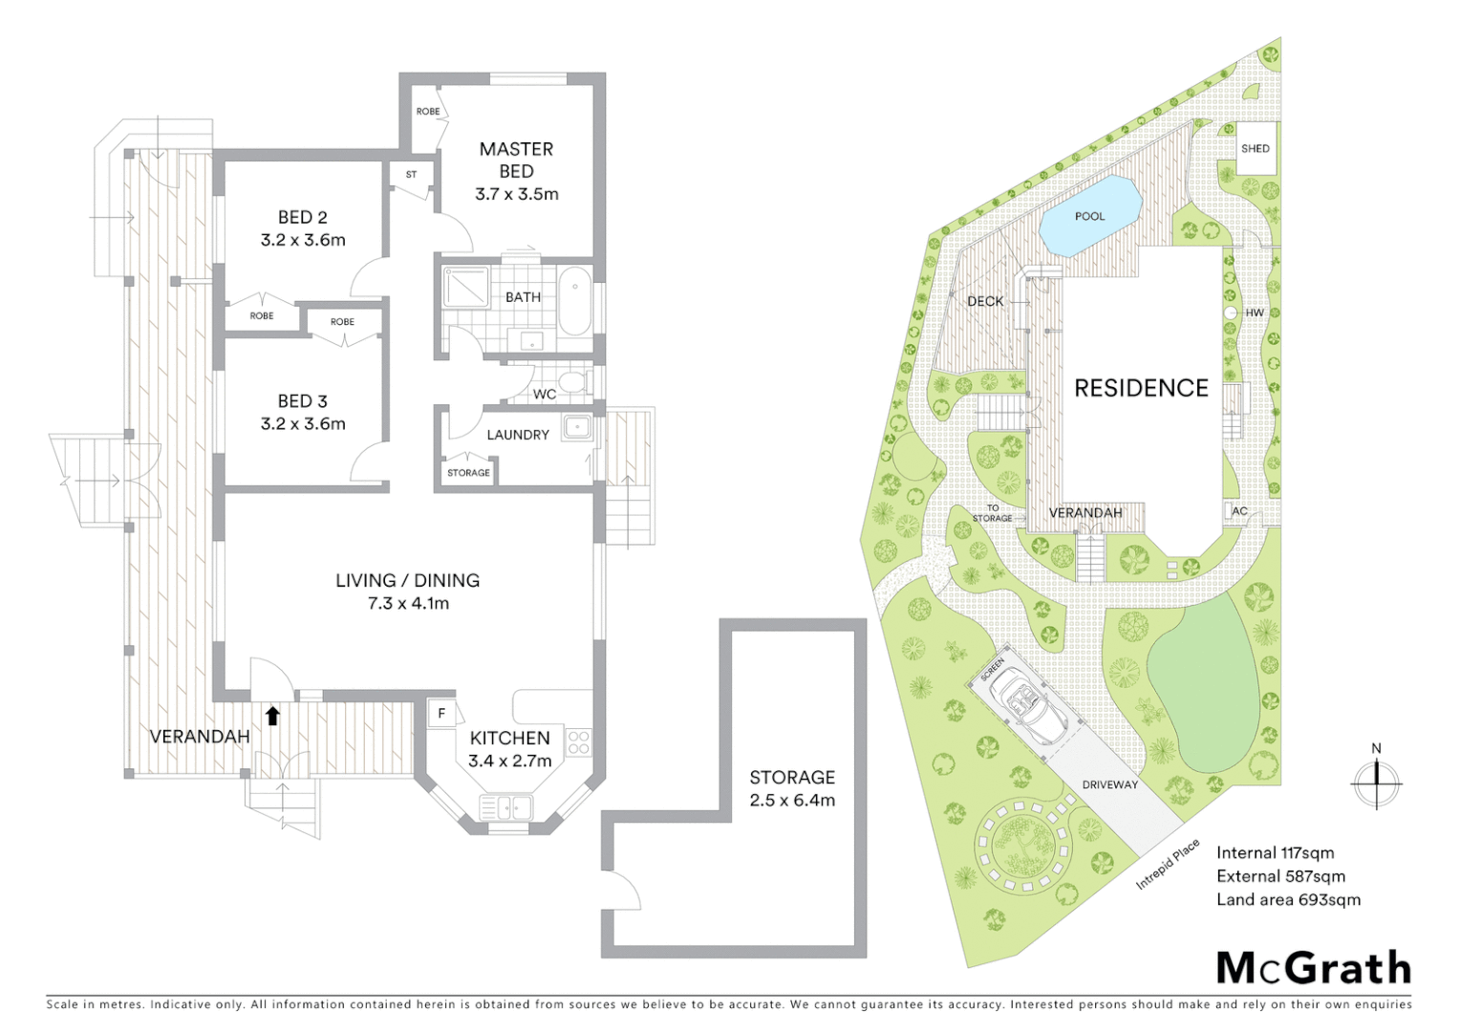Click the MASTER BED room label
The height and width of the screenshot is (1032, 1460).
click(516, 160)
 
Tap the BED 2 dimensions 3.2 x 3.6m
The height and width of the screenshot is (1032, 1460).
click(303, 240)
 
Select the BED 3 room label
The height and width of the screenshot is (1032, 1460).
click(303, 401)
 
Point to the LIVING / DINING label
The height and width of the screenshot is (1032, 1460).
click(408, 580)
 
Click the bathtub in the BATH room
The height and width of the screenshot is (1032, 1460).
click(574, 300)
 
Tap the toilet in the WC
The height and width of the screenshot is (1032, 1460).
click(571, 383)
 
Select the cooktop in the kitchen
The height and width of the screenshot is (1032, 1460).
click(579, 742)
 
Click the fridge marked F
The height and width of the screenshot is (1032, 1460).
click(441, 713)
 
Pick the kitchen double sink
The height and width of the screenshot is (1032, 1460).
click(505, 807)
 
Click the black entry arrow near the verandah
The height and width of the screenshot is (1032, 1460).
click(272, 715)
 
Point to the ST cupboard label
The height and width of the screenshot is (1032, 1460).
click(412, 175)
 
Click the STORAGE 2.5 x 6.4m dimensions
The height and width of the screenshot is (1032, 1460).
click(792, 801)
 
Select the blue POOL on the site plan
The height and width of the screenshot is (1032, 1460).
click(1090, 216)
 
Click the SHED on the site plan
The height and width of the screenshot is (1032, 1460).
click(1256, 149)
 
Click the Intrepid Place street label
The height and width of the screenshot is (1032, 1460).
click(1168, 864)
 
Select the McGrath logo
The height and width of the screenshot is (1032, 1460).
click(1314, 968)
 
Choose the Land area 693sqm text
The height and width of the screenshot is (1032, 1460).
click(1288, 899)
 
